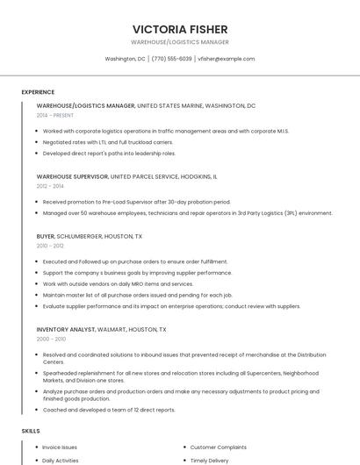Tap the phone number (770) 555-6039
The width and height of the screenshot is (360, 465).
[171, 59]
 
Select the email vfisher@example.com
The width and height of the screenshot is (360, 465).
[227, 59]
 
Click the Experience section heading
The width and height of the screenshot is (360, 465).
[38, 92]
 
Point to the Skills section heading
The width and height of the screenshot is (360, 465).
[31, 431]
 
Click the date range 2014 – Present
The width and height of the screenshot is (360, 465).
[55, 115]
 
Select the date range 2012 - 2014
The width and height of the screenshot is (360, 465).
[50, 186]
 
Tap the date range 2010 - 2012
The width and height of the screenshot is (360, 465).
[50, 246]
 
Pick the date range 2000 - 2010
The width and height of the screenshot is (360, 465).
[51, 339]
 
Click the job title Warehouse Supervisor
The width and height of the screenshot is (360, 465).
[72, 176]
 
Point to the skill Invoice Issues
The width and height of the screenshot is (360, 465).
[60, 447]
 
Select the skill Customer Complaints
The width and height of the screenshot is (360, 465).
[220, 447]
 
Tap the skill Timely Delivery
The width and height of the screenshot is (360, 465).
[209, 460]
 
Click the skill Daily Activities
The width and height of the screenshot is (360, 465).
[61, 460]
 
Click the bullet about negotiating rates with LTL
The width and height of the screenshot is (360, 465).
[107, 142]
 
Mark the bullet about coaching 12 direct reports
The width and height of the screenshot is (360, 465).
[109, 410]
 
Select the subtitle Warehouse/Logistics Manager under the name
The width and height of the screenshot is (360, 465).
[179, 42]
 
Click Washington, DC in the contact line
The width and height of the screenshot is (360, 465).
[125, 59]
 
